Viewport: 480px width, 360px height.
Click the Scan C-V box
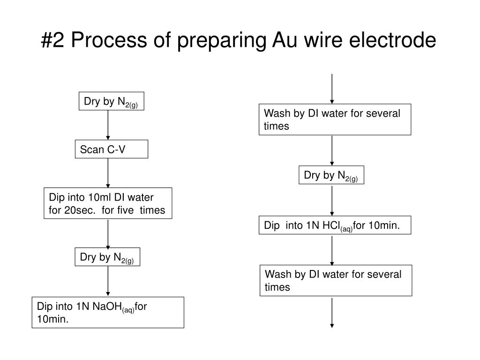coord(112,149)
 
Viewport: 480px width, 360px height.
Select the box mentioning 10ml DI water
coord(108,203)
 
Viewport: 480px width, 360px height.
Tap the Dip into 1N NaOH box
coord(108,312)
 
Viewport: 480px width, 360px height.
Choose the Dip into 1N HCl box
coord(335,225)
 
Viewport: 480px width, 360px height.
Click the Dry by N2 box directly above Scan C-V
coord(112,101)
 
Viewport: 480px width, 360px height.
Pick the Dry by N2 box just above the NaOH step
coord(107,257)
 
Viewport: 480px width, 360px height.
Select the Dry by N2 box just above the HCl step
coord(331,175)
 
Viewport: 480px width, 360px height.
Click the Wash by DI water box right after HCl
coord(336,280)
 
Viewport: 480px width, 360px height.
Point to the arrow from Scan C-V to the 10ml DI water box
coord(108,173)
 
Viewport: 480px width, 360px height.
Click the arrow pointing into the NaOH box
coord(108,281)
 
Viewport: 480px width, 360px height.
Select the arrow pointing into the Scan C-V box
coord(108,125)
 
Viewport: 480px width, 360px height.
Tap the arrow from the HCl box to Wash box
coord(332,250)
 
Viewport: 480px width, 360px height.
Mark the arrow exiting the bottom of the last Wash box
coord(332,312)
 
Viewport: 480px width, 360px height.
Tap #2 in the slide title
coord(52,40)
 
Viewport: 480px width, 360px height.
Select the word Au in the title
coord(285,40)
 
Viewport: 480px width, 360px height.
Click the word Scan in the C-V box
coord(92,150)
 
